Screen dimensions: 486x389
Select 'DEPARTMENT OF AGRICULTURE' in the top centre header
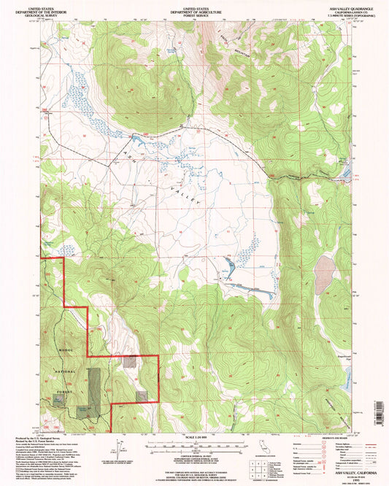pos(194,9)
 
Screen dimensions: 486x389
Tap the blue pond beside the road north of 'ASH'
pos(135,139)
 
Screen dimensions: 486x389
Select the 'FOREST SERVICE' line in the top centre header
pos(194,13)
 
